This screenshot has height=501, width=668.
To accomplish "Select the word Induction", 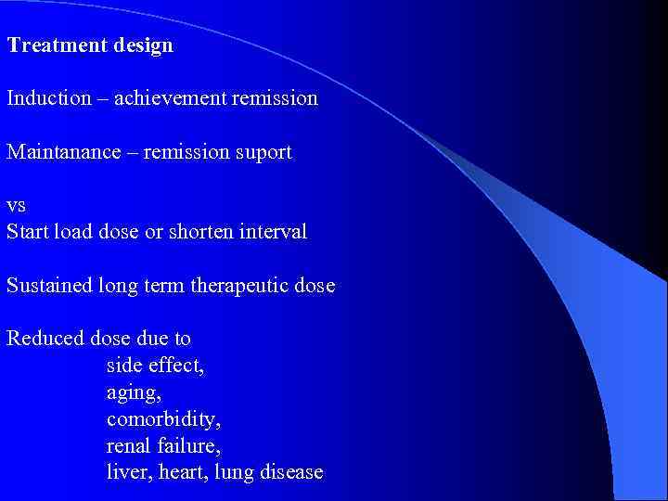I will [48, 97].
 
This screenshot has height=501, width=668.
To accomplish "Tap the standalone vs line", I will [17, 207].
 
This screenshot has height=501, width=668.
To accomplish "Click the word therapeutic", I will [237, 286].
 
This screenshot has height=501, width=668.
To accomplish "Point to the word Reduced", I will [45, 338].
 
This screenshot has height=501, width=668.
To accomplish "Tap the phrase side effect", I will [155, 365].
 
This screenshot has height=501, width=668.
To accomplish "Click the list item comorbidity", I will [163, 419].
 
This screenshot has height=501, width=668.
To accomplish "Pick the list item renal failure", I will [163, 445].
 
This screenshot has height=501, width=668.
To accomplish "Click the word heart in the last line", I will [184, 472].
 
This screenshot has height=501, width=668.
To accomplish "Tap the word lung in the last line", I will [234, 473].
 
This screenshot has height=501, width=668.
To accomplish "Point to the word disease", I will [291, 472].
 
